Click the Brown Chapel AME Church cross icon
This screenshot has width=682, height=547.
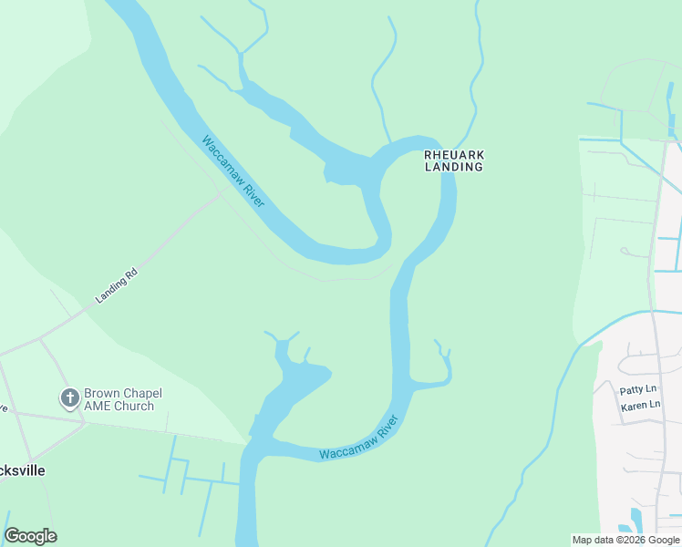pyautogui.click(x=69, y=398)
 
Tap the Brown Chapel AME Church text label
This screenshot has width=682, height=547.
pyautogui.click(x=119, y=400)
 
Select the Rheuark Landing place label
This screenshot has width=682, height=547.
pyautogui.click(x=453, y=161)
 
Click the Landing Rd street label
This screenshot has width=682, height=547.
pyautogui.click(x=117, y=285)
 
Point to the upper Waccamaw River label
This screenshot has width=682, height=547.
pyautogui.click(x=233, y=171)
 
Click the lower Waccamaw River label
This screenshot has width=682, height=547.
pyautogui.click(x=359, y=439)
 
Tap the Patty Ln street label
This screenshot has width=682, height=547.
pyautogui.click(x=638, y=389)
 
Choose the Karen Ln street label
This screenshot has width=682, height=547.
pyautogui.click(x=640, y=404)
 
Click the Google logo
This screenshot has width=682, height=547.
pyautogui.click(x=30, y=536)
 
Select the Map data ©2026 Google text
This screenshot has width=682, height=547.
pyautogui.click(x=625, y=540)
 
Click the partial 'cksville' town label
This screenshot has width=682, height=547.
pyautogui.click(x=23, y=470)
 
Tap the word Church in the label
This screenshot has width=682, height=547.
pyautogui.click(x=133, y=407)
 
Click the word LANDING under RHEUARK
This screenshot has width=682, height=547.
pyautogui.click(x=453, y=168)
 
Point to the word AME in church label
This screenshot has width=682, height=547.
pyautogui.click(x=98, y=407)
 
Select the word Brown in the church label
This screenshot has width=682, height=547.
pyautogui.click(x=102, y=394)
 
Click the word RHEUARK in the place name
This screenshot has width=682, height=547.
pyautogui.click(x=453, y=155)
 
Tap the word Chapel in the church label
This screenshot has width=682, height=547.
pyautogui.click(x=141, y=394)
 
